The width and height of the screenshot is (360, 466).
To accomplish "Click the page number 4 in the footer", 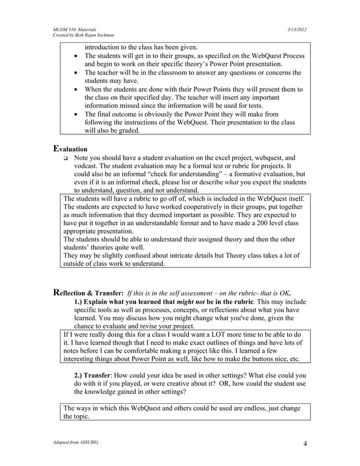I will [305, 443].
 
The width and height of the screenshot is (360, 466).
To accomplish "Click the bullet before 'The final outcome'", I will [76, 113].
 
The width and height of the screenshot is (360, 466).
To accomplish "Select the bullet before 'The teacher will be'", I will [76, 73].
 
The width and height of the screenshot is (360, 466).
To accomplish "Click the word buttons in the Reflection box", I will [254, 358].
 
